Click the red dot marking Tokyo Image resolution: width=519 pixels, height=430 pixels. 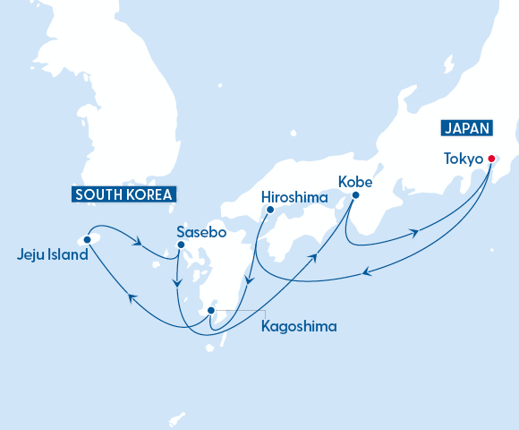490,159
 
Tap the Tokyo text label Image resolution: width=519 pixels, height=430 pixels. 464,159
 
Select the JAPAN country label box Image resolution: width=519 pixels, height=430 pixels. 466,128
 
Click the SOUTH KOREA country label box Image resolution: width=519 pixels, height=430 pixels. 123,193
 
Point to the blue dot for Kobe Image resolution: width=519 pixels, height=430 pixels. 355,194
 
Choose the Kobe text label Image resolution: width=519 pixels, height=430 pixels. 354,180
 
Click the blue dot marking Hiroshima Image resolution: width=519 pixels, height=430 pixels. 269,210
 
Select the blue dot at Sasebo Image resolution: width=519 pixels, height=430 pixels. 181,245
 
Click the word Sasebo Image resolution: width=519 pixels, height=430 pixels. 200,230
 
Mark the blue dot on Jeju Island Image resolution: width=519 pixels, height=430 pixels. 88,239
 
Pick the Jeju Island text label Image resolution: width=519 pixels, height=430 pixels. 53,254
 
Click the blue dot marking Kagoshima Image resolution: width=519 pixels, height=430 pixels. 210,311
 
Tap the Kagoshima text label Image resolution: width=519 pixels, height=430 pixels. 298,326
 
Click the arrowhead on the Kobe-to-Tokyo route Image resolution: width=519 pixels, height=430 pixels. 415,233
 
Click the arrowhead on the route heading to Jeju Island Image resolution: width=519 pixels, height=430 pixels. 131,299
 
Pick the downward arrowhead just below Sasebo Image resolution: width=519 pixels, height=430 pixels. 178,284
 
